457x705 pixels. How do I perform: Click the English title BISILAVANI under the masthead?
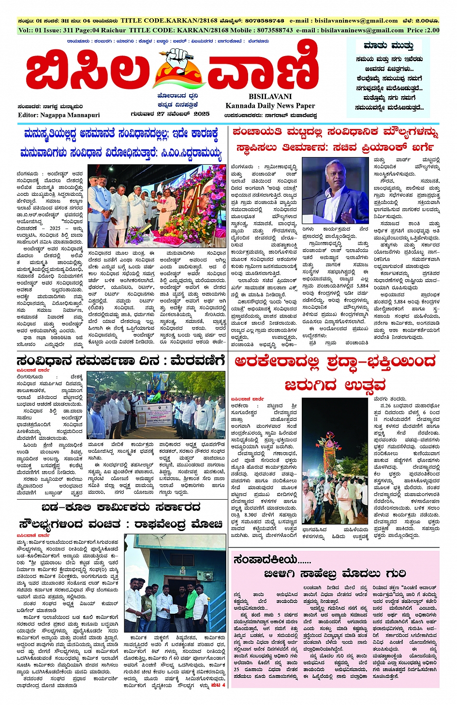coord(270,96)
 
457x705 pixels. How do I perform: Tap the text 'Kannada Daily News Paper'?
coord(270,105)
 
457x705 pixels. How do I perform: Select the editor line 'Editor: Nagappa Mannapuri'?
coord(59,115)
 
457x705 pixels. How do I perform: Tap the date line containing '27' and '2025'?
coord(170,114)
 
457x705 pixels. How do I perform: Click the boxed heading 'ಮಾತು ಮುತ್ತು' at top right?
coord(388,46)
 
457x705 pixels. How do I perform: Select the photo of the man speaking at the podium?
coord(335,190)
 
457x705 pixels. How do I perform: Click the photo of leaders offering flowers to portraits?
coord(157,205)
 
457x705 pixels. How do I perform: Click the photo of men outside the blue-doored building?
coord(175,583)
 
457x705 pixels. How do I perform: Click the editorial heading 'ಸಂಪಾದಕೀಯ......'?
coord(272,560)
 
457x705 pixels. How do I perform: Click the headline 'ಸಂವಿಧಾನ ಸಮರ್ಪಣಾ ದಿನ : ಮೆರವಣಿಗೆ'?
coord(120,361)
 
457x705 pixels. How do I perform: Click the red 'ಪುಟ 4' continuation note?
coord(218,685)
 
